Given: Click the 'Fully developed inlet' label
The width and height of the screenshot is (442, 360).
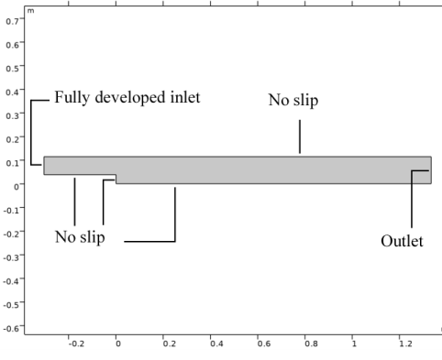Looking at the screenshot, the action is click(x=127, y=98).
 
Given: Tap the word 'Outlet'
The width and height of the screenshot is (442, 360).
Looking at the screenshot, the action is click(x=402, y=241).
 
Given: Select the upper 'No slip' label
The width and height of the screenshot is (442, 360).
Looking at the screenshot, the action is click(x=293, y=100).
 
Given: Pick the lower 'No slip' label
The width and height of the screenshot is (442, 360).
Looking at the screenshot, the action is click(x=80, y=237).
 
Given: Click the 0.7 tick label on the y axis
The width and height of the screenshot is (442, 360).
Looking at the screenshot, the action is click(x=12, y=21).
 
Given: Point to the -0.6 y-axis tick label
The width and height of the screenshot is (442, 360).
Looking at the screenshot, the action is click(x=11, y=329).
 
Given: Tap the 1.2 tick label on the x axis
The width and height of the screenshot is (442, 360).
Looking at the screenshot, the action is click(x=405, y=344).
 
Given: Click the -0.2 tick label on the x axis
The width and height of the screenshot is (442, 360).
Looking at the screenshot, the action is click(x=76, y=344).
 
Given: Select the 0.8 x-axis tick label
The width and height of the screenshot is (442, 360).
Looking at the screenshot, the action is click(x=311, y=344).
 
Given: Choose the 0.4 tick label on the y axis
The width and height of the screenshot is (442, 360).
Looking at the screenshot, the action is click(x=12, y=92).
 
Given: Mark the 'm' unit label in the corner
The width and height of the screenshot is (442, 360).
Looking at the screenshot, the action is click(x=30, y=11).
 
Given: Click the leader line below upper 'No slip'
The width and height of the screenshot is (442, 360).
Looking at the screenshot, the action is click(x=300, y=136).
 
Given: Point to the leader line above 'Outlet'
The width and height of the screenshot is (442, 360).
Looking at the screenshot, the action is click(x=412, y=199).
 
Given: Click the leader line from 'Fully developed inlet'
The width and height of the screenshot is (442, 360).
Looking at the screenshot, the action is click(x=31, y=133).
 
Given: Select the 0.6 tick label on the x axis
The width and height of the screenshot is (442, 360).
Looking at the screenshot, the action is click(x=264, y=344).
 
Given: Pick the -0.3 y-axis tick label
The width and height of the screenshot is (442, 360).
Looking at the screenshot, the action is click(x=11, y=257).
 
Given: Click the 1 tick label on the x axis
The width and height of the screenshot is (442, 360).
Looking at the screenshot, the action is click(x=354, y=344).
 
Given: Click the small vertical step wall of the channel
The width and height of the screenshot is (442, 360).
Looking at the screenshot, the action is click(x=116, y=180).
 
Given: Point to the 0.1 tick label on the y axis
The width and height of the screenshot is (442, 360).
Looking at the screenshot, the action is click(x=12, y=163).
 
